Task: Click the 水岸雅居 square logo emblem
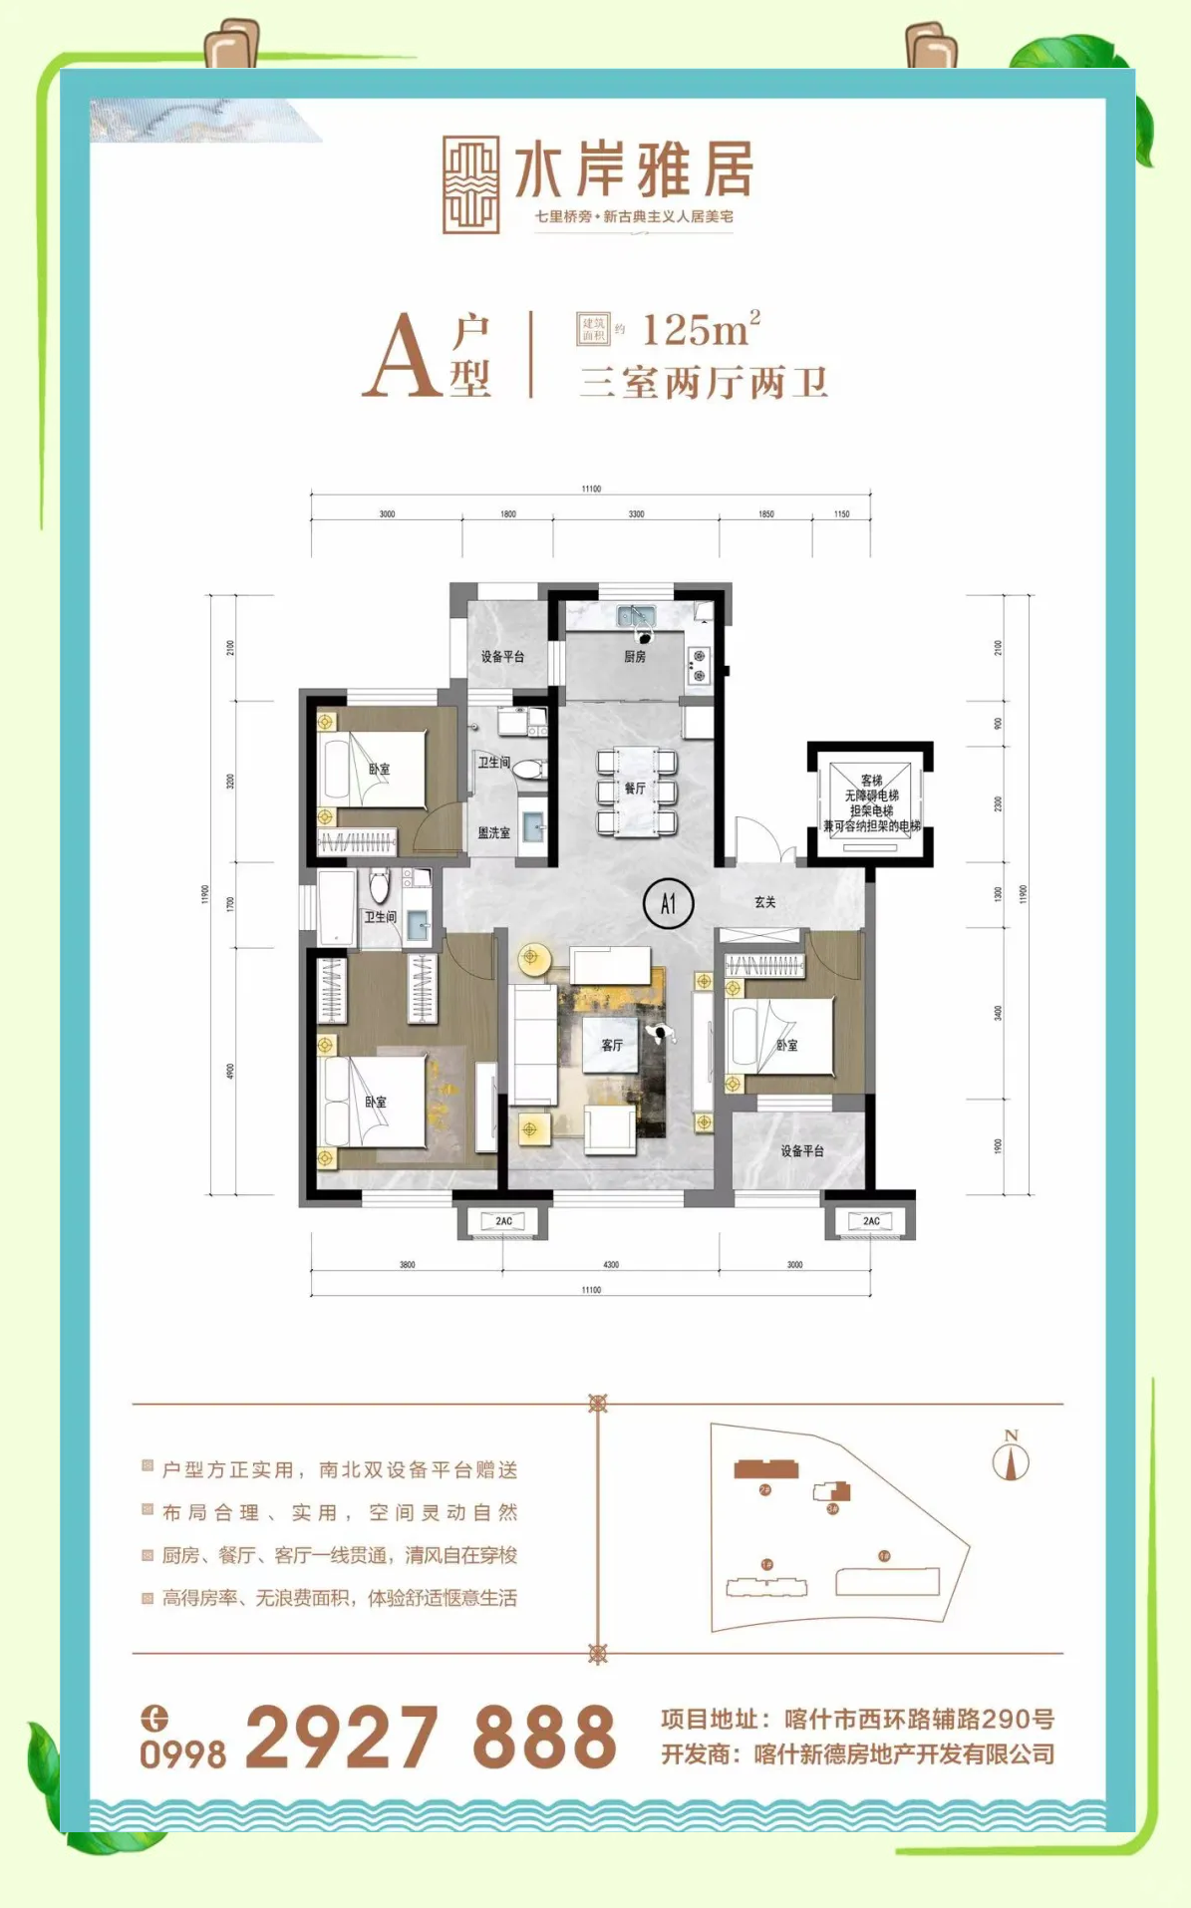coord(470,184)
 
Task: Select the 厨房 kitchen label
coord(635,656)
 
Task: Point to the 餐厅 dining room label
coord(635,788)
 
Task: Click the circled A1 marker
coord(668,903)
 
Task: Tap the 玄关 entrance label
coord(764,901)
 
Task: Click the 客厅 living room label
coord(612,1045)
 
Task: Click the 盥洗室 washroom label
coord(493,832)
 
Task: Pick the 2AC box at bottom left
coord(503,1221)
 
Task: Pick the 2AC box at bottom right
coord(870,1221)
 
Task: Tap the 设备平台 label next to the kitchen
coord(502,656)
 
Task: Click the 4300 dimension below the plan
coord(611,1264)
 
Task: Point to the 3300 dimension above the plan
coord(636,514)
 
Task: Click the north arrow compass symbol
coord(1011,1459)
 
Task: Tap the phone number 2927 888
coord(431,1737)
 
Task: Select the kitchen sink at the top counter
coord(635,614)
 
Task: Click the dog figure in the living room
coord(661,1034)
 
